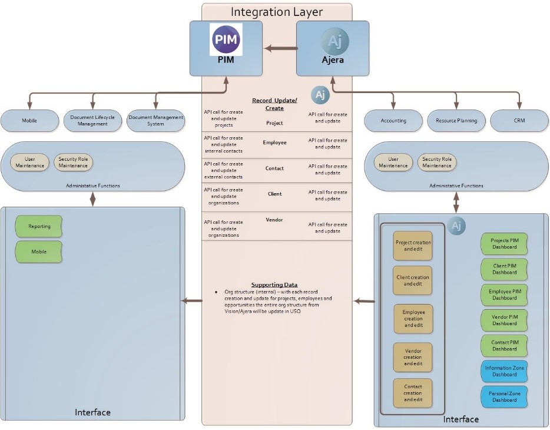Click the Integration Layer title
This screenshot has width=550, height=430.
tap(277, 12)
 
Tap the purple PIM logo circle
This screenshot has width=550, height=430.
tap(226, 39)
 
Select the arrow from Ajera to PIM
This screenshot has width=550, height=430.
tap(279, 48)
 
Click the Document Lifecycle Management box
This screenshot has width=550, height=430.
tap(92, 120)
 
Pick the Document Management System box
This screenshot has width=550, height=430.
tap(155, 120)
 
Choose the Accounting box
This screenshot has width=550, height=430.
tap(393, 121)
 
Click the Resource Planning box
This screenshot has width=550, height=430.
tap(456, 121)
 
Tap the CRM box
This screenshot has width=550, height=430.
tap(519, 121)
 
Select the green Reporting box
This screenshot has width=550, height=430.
tap(39, 227)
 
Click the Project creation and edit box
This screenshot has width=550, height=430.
tap(413, 246)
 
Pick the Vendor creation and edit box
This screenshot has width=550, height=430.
tap(413, 357)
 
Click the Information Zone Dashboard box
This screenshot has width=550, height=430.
tap(504, 371)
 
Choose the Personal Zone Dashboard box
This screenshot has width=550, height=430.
tap(504, 396)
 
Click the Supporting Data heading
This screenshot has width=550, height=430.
tap(274, 285)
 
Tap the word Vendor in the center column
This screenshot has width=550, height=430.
tap(274, 220)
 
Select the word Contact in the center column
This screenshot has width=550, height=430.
tap(274, 168)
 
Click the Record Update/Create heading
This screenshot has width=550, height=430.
tap(274, 104)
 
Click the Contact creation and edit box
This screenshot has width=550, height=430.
tap(413, 393)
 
